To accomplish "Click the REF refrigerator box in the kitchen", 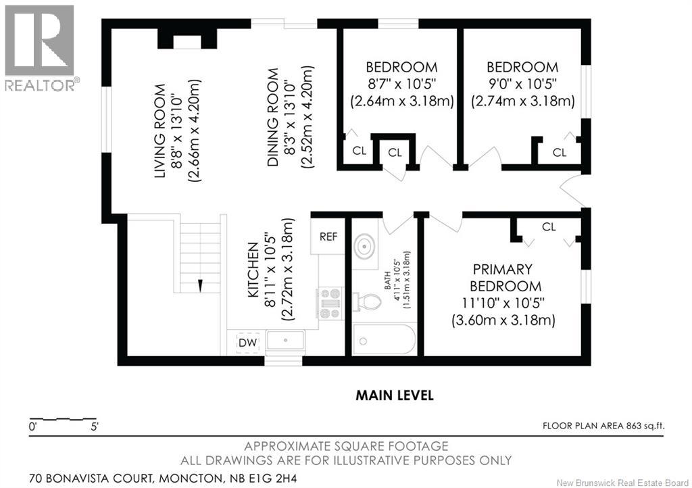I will tap(328, 237).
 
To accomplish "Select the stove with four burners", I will tap(330, 303).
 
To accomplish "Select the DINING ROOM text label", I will tap(273, 118).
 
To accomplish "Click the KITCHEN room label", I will tap(253, 270).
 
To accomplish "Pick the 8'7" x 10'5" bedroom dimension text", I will tap(401, 84).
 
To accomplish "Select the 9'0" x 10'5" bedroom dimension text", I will tap(522, 84).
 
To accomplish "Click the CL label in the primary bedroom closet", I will tap(549, 227).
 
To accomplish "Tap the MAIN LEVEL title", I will tap(394, 395).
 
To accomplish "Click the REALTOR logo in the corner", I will tap(39, 47).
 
